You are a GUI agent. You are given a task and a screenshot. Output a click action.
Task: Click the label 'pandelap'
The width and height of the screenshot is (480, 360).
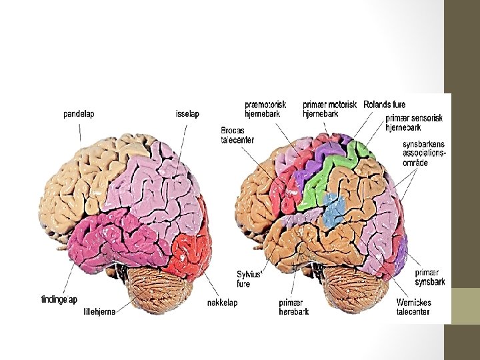click(79, 113)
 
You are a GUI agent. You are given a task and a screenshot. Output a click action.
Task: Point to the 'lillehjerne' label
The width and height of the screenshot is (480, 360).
click(99, 310)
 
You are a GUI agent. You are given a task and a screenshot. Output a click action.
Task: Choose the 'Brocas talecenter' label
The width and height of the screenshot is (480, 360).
click(237, 134)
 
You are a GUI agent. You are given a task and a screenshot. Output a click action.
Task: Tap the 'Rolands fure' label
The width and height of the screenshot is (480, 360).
click(385, 105)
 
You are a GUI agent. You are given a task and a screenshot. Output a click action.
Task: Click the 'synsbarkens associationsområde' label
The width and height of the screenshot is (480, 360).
click(424, 154)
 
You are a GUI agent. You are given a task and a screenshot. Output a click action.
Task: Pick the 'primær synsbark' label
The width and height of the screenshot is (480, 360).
click(429, 277)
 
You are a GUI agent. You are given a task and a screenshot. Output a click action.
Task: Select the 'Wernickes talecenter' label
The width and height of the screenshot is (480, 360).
click(413, 307)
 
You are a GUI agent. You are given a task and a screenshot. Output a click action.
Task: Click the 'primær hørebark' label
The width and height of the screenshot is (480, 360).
click(295, 307)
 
